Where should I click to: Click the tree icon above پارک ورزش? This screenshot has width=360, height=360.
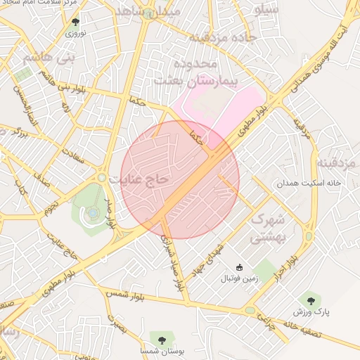(307, 299)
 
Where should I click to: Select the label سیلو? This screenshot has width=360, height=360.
(269, 10)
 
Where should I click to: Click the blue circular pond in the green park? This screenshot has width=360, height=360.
(94, 212)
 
